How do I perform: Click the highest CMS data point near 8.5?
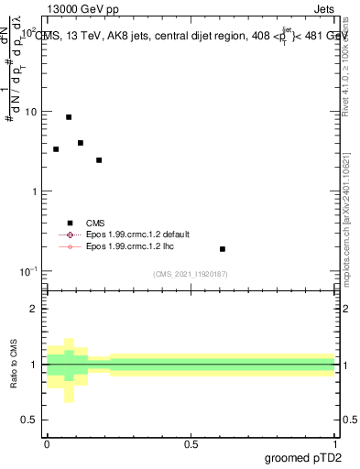tap(69, 117)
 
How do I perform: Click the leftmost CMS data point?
tap(56, 148)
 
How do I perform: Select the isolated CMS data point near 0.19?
tap(223, 249)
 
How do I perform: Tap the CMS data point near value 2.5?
tap(99, 160)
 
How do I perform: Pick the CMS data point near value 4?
tap(81, 143)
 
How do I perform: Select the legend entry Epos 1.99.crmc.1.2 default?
tap(127, 235)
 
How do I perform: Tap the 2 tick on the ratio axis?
tap(36, 309)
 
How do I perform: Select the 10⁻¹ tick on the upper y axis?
tap(30, 271)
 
